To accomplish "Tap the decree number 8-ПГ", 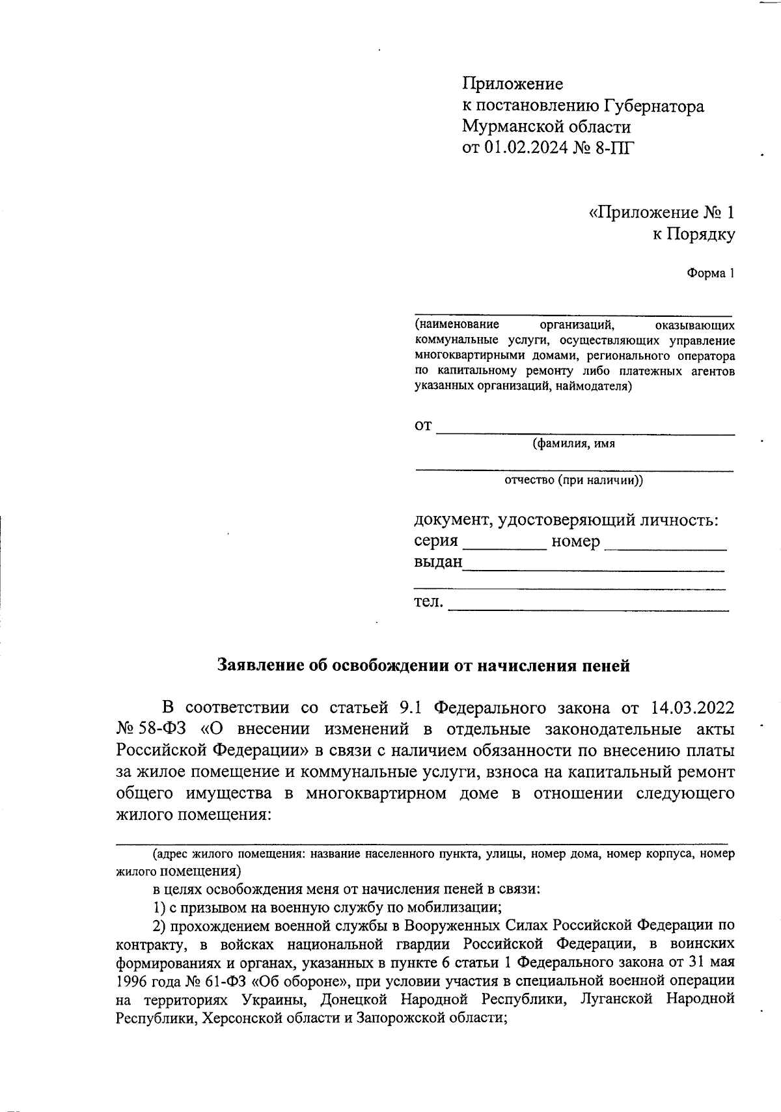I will click(x=612, y=148).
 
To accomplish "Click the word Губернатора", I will click(x=653, y=106).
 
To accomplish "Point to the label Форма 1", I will click(x=711, y=273).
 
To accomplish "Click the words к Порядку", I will click(x=694, y=234).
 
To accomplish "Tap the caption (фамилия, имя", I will click(x=573, y=444).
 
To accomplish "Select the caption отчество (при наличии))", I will click(x=573, y=481).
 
